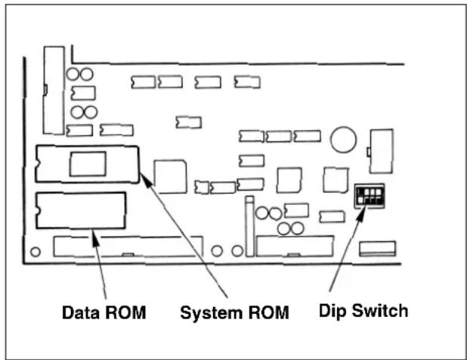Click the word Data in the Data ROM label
pyautogui.click(x=80, y=312)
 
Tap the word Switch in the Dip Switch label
pyautogui.click(x=380, y=311)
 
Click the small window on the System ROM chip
pyautogui.click(x=88, y=163)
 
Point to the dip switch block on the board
pyautogui.click(x=370, y=196)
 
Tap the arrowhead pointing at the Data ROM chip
pyautogui.click(x=95, y=237)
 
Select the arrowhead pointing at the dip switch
pyautogui.click(x=361, y=213)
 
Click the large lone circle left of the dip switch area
pyautogui.click(x=343, y=139)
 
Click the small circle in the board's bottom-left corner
pyautogui.click(x=36, y=252)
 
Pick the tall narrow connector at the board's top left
pyautogui.click(x=54, y=90)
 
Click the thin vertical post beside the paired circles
pyautogui.click(x=249, y=226)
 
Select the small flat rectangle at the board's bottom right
pyautogui.click(x=377, y=249)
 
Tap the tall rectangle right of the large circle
pyautogui.click(x=381, y=151)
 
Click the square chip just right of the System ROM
pyautogui.click(x=170, y=177)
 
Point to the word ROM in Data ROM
pyautogui.click(x=125, y=312)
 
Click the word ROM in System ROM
pyautogui.click(x=269, y=312)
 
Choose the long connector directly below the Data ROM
pyautogui.click(x=128, y=247)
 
